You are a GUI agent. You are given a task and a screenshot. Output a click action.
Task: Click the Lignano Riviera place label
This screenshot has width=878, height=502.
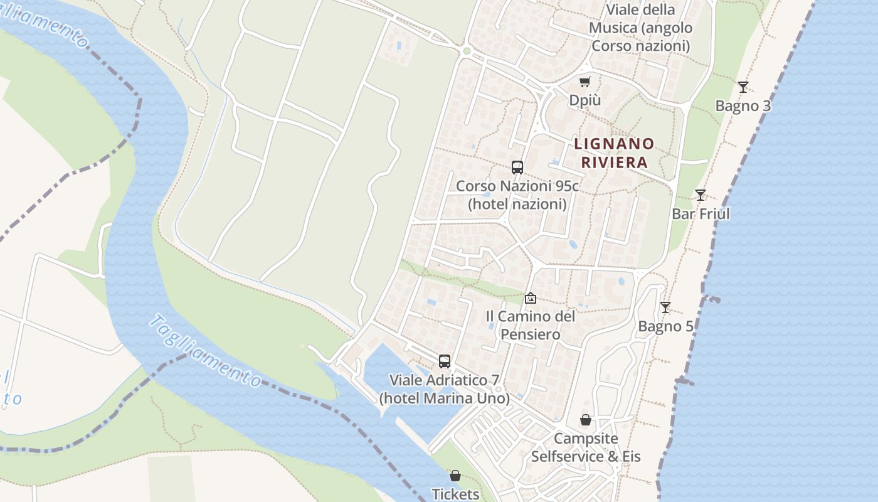pyautogui.click(x=614, y=153)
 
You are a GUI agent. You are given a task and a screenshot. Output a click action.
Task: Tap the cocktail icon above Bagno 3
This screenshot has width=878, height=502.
pyautogui.click(x=743, y=87)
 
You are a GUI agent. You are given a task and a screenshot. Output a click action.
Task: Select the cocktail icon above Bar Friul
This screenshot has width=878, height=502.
pyautogui.click(x=701, y=195)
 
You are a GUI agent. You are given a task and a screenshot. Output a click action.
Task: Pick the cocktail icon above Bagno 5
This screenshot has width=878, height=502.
pyautogui.click(x=665, y=307)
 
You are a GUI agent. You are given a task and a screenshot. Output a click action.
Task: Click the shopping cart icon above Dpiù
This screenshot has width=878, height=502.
pyautogui.click(x=585, y=82)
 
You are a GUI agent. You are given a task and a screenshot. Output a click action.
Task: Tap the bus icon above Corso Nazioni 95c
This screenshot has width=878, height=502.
pyautogui.click(x=517, y=168)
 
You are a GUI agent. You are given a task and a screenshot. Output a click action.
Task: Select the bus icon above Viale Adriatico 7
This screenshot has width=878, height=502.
pyautogui.click(x=445, y=361)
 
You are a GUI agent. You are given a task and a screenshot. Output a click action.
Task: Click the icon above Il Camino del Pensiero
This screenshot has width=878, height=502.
pyautogui.click(x=531, y=298)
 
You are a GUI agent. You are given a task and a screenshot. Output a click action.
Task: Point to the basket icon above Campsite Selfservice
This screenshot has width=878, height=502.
pyautogui.click(x=586, y=420)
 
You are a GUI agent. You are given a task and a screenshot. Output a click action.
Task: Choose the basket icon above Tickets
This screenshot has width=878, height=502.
pyautogui.click(x=455, y=476)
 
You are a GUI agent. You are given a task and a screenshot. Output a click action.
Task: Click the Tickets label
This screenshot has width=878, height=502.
pyautogui.click(x=455, y=494)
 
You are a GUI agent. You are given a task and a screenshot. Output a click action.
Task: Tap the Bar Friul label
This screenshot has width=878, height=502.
pyautogui.click(x=701, y=214)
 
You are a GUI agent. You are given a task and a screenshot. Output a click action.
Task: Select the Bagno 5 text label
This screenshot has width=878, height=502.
pyautogui.click(x=665, y=326)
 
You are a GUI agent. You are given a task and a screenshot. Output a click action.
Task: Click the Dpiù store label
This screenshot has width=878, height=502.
pyautogui.click(x=584, y=100)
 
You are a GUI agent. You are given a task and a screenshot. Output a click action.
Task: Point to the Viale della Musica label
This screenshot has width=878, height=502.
pyautogui.click(x=640, y=28)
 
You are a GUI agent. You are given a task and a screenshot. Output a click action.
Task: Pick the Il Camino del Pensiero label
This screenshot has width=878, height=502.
pyautogui.click(x=531, y=325)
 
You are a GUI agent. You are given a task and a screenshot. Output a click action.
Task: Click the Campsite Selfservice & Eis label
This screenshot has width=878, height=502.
pyautogui.click(x=586, y=447)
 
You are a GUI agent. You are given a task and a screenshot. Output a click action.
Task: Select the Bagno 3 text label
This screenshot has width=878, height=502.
pyautogui.click(x=743, y=106)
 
